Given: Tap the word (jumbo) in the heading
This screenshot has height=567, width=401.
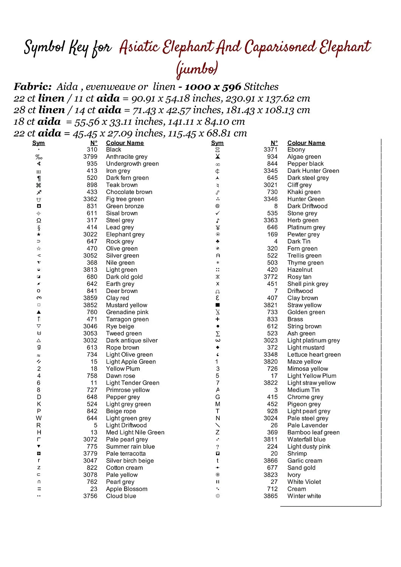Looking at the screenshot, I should tap(197, 69).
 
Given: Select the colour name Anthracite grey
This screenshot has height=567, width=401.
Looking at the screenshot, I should tap(127, 156).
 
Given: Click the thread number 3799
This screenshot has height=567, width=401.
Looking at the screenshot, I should tap(90, 156).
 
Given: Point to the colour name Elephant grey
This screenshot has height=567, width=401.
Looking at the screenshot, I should tap(125, 234).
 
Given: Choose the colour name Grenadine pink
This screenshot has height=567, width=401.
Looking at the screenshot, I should tap(127, 312).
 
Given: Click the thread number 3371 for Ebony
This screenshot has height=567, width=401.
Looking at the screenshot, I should tap(270, 150).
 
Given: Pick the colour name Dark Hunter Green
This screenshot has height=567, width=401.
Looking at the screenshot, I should tap(313, 171).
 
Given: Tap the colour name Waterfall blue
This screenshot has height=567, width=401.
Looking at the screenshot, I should tap(306, 439).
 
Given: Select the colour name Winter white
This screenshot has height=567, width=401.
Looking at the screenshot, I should tap(304, 496).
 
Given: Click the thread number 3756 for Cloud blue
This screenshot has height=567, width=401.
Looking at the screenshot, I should tap(90, 496).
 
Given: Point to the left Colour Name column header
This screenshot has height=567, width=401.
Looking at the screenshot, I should tap(125, 143).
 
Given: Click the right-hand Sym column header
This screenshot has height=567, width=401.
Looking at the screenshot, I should tap(217, 143).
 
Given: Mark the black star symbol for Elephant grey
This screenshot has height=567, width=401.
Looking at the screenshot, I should tap(39, 234).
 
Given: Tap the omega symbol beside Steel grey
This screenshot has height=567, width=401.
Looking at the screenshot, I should tap(39, 220).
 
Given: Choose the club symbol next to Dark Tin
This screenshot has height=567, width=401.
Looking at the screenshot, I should tap(218, 241).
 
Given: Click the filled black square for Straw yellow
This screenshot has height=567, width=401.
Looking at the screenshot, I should tap(218, 305).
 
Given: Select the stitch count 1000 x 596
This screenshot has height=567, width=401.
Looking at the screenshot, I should tap(213, 87).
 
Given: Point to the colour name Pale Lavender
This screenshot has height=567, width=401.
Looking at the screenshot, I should tap(308, 425).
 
